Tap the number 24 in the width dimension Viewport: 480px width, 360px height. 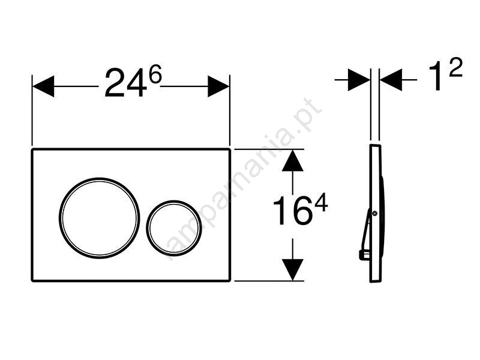pyautogui.click(x=125, y=83)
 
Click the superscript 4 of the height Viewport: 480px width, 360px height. pyautogui.click(x=321, y=203)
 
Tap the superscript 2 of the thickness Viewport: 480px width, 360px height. pyautogui.click(x=455, y=67)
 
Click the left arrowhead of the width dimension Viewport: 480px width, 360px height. pyautogui.click(x=43, y=86)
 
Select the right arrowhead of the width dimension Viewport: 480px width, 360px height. pyautogui.click(x=218, y=86)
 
